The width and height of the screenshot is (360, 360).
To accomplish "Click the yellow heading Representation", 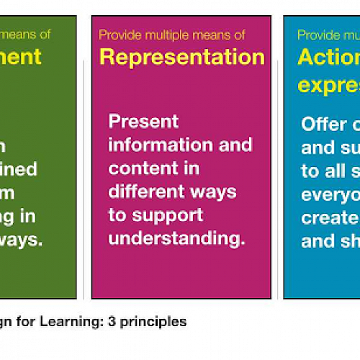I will pyautogui.click(x=181, y=57).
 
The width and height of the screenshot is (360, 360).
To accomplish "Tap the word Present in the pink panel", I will pyautogui.click(x=143, y=121).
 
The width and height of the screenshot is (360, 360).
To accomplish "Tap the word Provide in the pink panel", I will pyautogui.click(x=118, y=35).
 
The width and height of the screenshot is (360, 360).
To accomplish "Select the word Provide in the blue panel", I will pyautogui.click(x=318, y=35).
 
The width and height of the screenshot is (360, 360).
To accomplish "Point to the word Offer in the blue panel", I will pyautogui.click(x=324, y=124).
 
